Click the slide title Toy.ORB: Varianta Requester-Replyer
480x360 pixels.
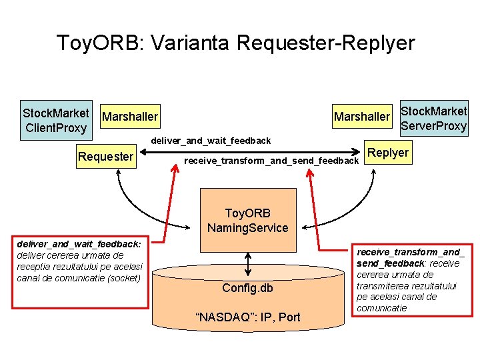tap(235, 43)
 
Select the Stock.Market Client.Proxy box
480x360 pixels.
tap(56, 120)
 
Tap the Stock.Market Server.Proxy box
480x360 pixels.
tap(433, 119)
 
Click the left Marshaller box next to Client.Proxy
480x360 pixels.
tap(130, 117)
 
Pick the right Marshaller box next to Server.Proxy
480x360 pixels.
tap(361, 117)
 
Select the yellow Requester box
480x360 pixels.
tap(106, 157)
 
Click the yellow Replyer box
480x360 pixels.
tap(388, 153)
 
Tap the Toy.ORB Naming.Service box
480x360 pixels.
tap(247, 221)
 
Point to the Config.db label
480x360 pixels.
tap(247, 288)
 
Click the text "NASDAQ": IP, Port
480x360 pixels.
tap(247, 317)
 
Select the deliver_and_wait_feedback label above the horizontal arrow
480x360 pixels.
tap(211, 141)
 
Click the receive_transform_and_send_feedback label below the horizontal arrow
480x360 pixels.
tap(271, 161)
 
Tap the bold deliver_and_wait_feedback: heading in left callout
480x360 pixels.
tap(79, 244)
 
